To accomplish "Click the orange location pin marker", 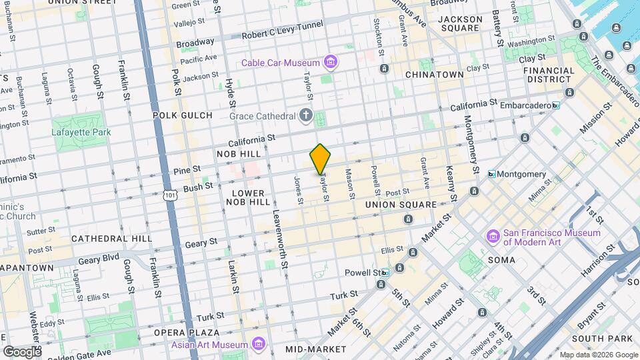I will click(320, 159).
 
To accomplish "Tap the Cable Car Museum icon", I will click(329, 63).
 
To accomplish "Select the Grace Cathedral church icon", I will click(306, 116).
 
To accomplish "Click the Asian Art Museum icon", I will click(259, 345).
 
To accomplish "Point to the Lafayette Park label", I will click(80, 131).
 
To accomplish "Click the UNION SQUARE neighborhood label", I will click(401, 205).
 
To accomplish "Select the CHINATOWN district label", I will click(434, 75).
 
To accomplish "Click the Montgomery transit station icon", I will click(491, 174).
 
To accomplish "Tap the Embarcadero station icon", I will click(555, 105).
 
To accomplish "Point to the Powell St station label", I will click(362, 273).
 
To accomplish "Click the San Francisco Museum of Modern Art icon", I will click(493, 237).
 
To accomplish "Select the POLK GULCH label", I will click(182, 115).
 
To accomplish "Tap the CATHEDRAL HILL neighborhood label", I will click(111, 238).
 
